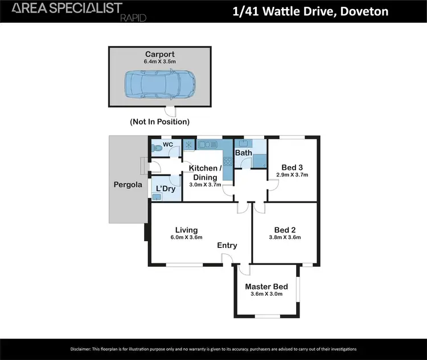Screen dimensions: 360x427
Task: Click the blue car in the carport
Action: point(159,84)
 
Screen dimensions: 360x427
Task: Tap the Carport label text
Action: point(159,55)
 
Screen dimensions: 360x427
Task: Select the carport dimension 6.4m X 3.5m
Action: point(159,62)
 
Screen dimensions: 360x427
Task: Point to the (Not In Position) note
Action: point(159,122)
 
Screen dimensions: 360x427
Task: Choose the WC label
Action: point(168,145)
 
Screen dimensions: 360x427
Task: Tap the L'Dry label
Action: point(165,188)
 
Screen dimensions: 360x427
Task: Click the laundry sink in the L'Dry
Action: point(157,196)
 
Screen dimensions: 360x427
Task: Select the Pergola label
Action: point(126,185)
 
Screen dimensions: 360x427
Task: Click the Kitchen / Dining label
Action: point(204,172)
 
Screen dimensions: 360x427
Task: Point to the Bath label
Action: point(244,153)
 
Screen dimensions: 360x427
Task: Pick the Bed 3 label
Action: point(292,167)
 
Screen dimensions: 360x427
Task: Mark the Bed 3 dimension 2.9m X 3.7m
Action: point(292,175)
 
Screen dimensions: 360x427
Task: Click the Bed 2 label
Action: point(285,230)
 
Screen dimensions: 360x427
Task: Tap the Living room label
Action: point(186,230)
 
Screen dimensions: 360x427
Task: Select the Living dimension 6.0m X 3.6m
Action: point(186,238)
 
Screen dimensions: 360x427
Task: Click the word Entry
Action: point(227,245)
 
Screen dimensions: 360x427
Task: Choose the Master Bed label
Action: point(266,287)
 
